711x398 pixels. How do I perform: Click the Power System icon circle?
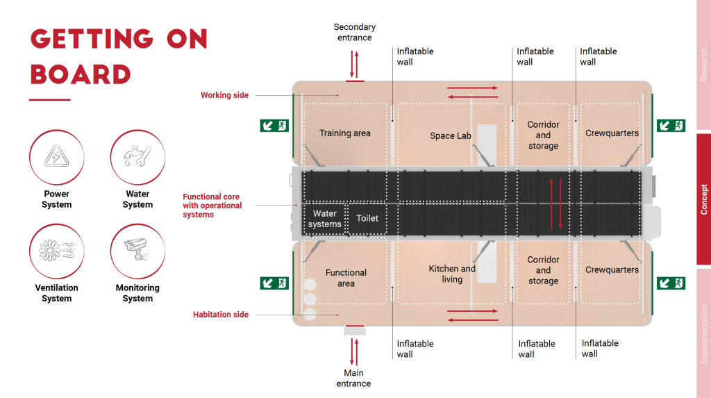56,158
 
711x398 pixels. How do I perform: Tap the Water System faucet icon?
137,158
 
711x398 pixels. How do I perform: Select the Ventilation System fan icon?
56,251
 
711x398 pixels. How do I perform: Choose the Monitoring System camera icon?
137,251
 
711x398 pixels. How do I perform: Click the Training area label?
344,133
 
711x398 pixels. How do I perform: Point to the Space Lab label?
451,136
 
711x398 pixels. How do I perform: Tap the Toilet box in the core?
367,218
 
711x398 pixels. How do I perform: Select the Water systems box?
325,219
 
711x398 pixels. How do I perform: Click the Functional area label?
346,278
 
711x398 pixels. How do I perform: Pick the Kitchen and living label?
452,274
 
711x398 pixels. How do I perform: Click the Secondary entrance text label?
354,32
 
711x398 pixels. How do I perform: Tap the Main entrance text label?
353,378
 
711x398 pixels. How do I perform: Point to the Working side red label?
224,95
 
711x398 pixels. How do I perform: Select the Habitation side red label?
220,315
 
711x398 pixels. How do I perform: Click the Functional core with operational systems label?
212,206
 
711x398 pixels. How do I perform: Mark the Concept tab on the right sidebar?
703,199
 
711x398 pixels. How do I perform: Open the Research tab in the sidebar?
703,65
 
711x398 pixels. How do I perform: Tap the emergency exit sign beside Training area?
274,125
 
